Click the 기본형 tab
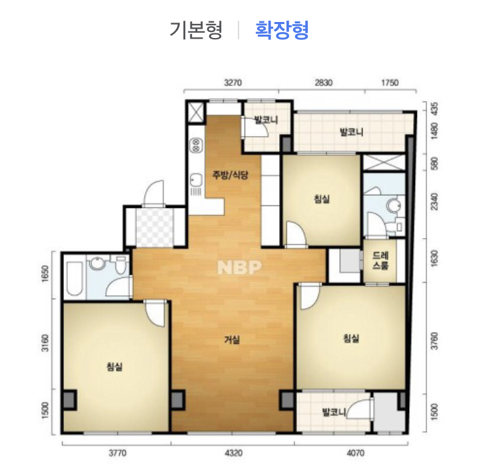(x=196, y=30)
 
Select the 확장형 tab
(x=282, y=30)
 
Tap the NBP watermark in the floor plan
(x=240, y=267)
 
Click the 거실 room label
(x=232, y=340)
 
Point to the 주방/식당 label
(x=231, y=175)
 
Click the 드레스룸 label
(x=380, y=260)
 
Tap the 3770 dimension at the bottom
(x=117, y=453)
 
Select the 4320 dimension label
(x=234, y=453)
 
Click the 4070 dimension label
(x=356, y=453)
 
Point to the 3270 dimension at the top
(x=233, y=83)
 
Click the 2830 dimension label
(x=324, y=83)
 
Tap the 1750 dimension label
(x=390, y=83)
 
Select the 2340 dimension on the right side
(x=434, y=201)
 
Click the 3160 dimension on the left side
(x=46, y=343)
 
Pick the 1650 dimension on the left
(x=46, y=274)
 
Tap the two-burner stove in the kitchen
(x=197, y=145)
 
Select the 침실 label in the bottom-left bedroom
(x=115, y=367)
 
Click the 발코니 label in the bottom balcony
(x=334, y=412)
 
